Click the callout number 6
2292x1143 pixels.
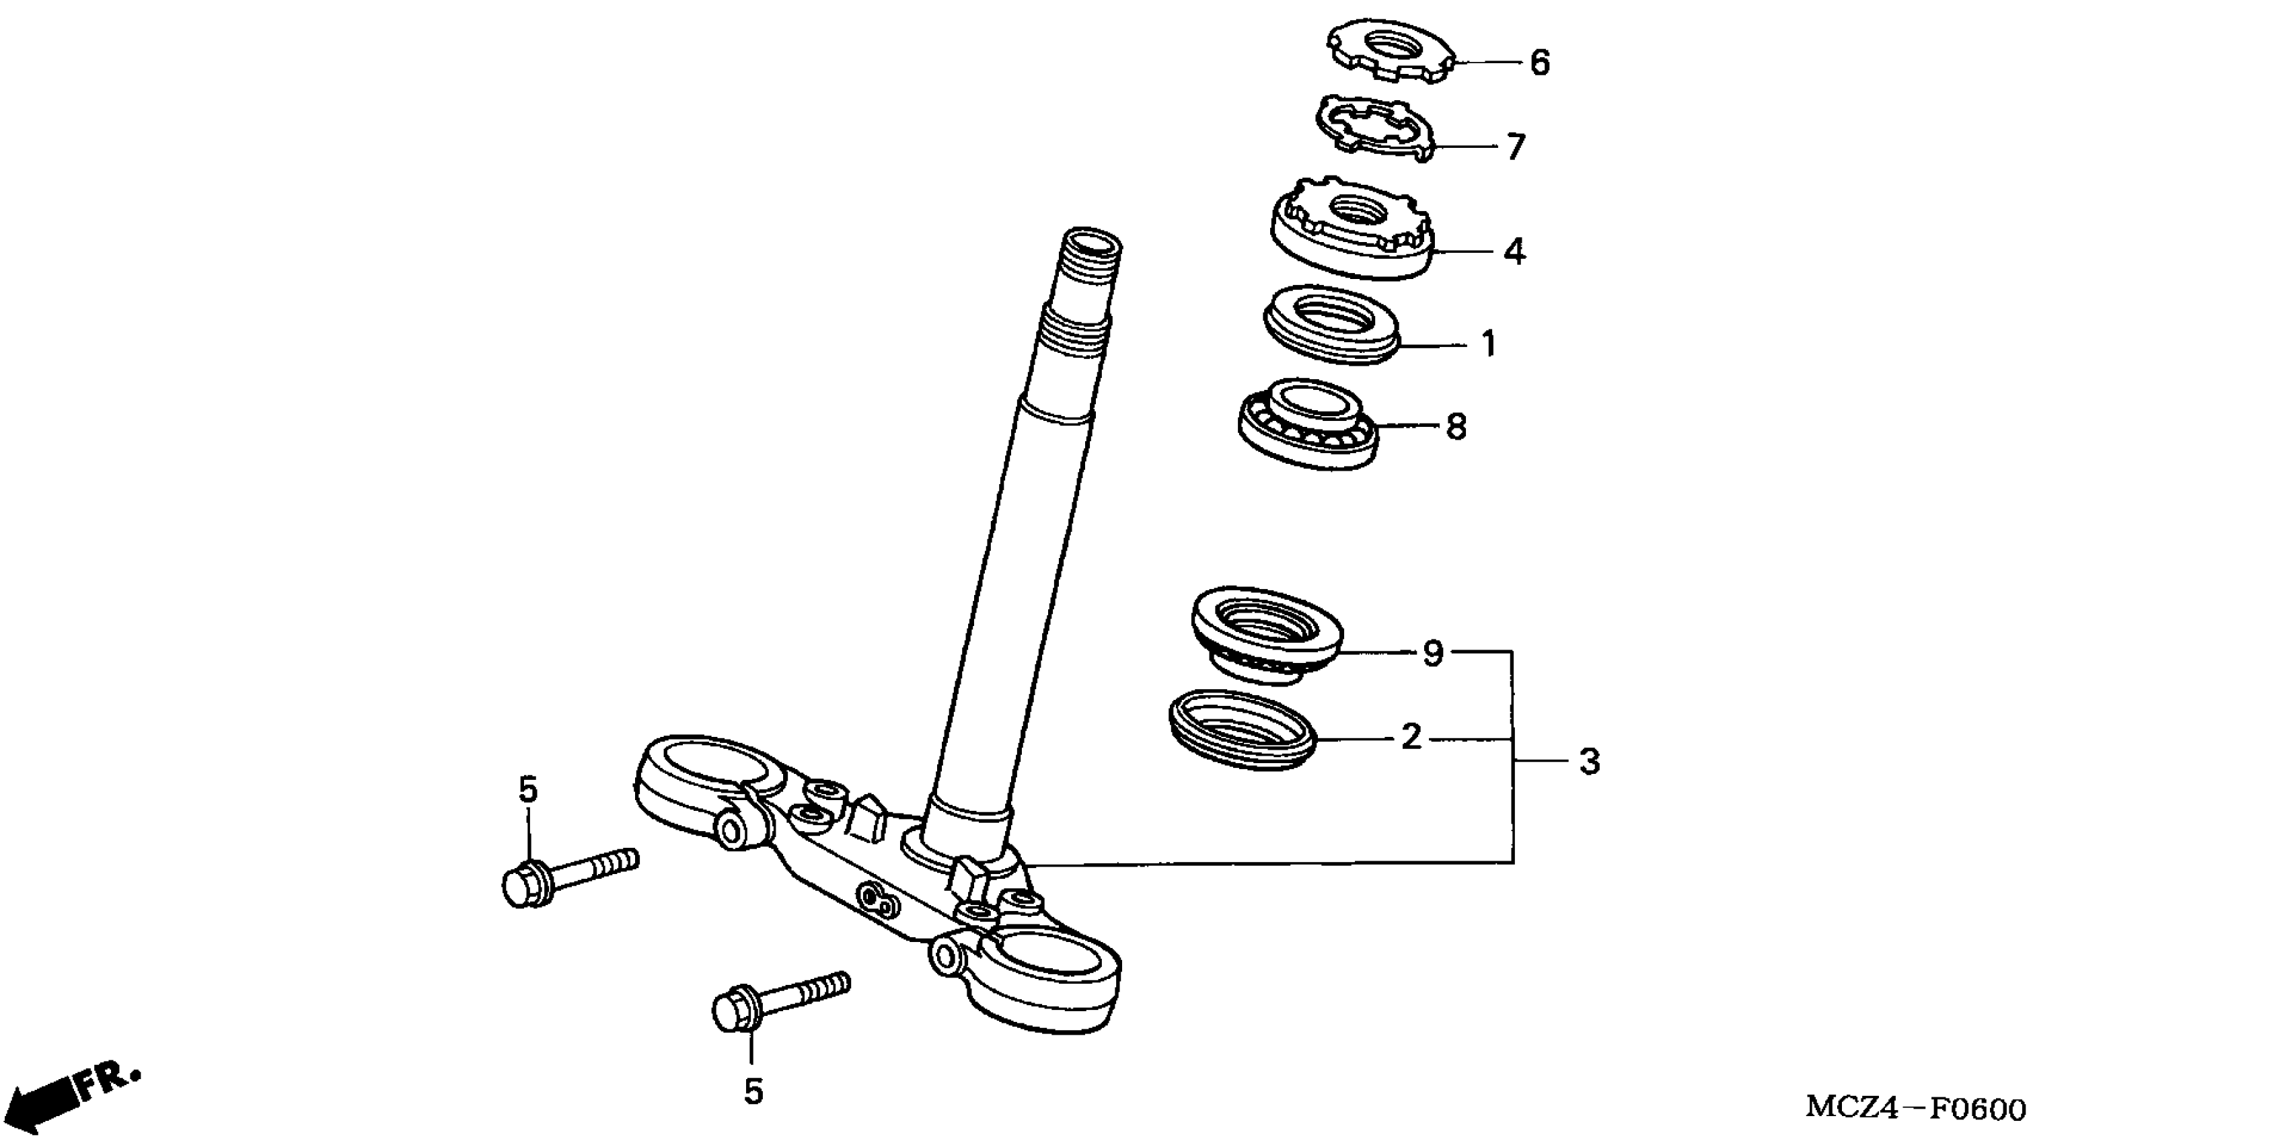(x=1539, y=63)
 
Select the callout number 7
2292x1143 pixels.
(x=1515, y=147)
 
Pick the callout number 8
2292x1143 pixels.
(x=1456, y=427)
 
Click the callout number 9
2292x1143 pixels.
(x=1432, y=654)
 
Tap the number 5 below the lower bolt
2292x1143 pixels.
(x=753, y=1091)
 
